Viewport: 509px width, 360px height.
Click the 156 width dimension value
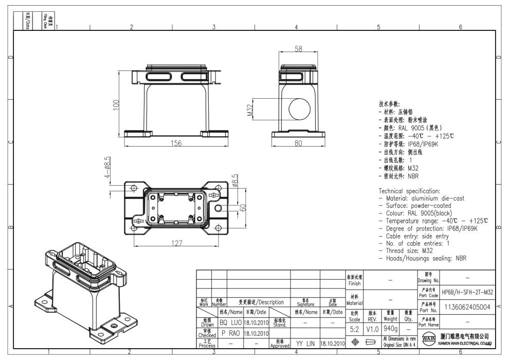176,143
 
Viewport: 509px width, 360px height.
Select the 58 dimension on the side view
299,49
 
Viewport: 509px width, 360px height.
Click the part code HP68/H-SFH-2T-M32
468,292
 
